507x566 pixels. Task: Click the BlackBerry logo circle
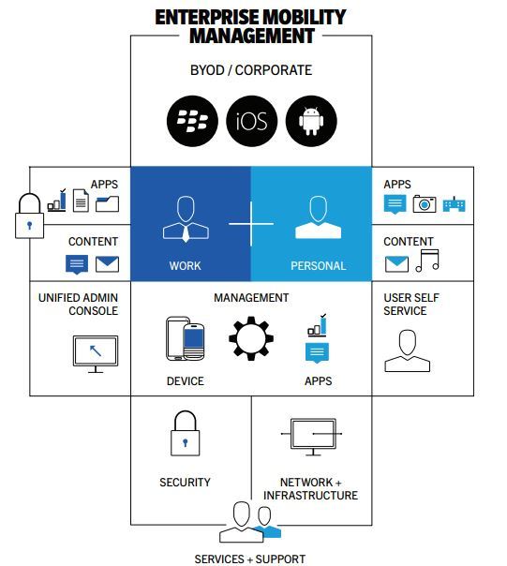coord(192,121)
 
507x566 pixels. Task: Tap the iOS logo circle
coord(252,121)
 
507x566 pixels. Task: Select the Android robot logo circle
coord(311,121)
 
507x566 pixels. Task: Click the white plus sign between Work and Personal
coord(251,224)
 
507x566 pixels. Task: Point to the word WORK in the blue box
coord(186,266)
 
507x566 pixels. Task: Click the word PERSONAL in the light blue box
coord(318,266)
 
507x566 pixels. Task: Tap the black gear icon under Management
coord(251,338)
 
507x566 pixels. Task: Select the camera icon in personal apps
coord(425,204)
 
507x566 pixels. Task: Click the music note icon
coord(427,261)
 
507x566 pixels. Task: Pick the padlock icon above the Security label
coord(186,433)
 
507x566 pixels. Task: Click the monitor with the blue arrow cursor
coord(96,354)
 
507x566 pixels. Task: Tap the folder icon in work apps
coord(107,203)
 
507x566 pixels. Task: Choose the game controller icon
coord(454,204)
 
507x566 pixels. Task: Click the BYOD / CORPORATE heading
coord(251,70)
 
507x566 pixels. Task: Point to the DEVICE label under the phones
coord(186,381)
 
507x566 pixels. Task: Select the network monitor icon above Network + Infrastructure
coord(312,437)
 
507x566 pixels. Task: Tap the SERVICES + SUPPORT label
coord(250,559)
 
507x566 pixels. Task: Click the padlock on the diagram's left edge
coord(30,216)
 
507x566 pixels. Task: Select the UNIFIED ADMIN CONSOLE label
coord(79,305)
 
